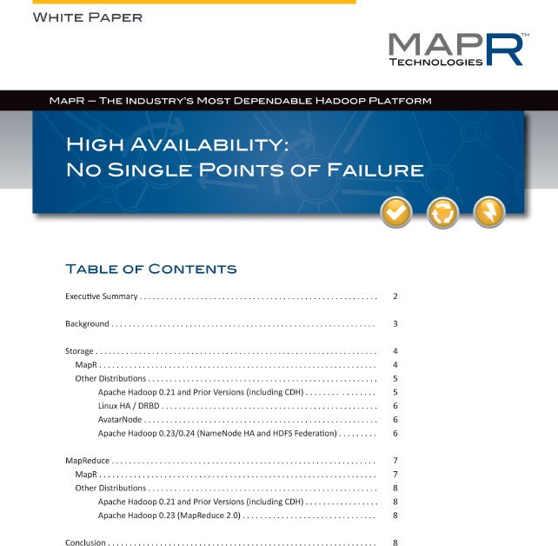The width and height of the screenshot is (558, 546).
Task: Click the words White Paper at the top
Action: click(87, 17)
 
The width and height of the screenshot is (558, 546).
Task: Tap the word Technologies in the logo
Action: click(435, 62)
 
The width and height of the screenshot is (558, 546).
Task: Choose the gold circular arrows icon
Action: click(442, 211)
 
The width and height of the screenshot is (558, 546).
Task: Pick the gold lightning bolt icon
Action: click(488, 211)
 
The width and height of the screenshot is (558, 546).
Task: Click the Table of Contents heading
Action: click(151, 268)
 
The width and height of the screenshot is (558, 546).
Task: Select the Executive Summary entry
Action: click(102, 296)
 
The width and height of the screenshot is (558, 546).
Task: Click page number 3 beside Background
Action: click(395, 324)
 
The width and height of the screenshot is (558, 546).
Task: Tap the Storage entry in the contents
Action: click(79, 351)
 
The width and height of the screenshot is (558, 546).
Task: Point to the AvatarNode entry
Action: click(120, 419)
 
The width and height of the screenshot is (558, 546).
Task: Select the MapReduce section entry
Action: click(87, 461)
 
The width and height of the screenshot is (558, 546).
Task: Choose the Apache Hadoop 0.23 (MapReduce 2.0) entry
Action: click(169, 515)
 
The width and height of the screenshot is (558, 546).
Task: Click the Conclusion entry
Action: click(85, 543)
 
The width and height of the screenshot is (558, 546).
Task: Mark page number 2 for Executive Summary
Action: click(395, 296)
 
